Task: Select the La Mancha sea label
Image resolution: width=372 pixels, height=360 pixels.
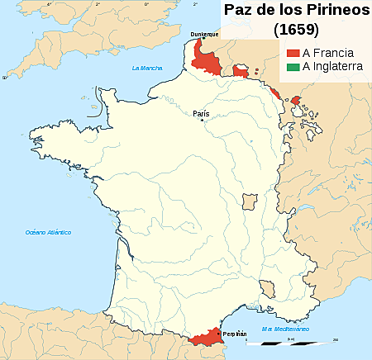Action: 146,68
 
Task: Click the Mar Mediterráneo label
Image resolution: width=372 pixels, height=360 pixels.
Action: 285,329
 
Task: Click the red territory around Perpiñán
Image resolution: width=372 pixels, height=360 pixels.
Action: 204,337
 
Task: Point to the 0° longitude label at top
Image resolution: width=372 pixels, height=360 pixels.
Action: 147,4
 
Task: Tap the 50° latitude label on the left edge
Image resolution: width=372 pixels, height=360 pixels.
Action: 3,78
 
